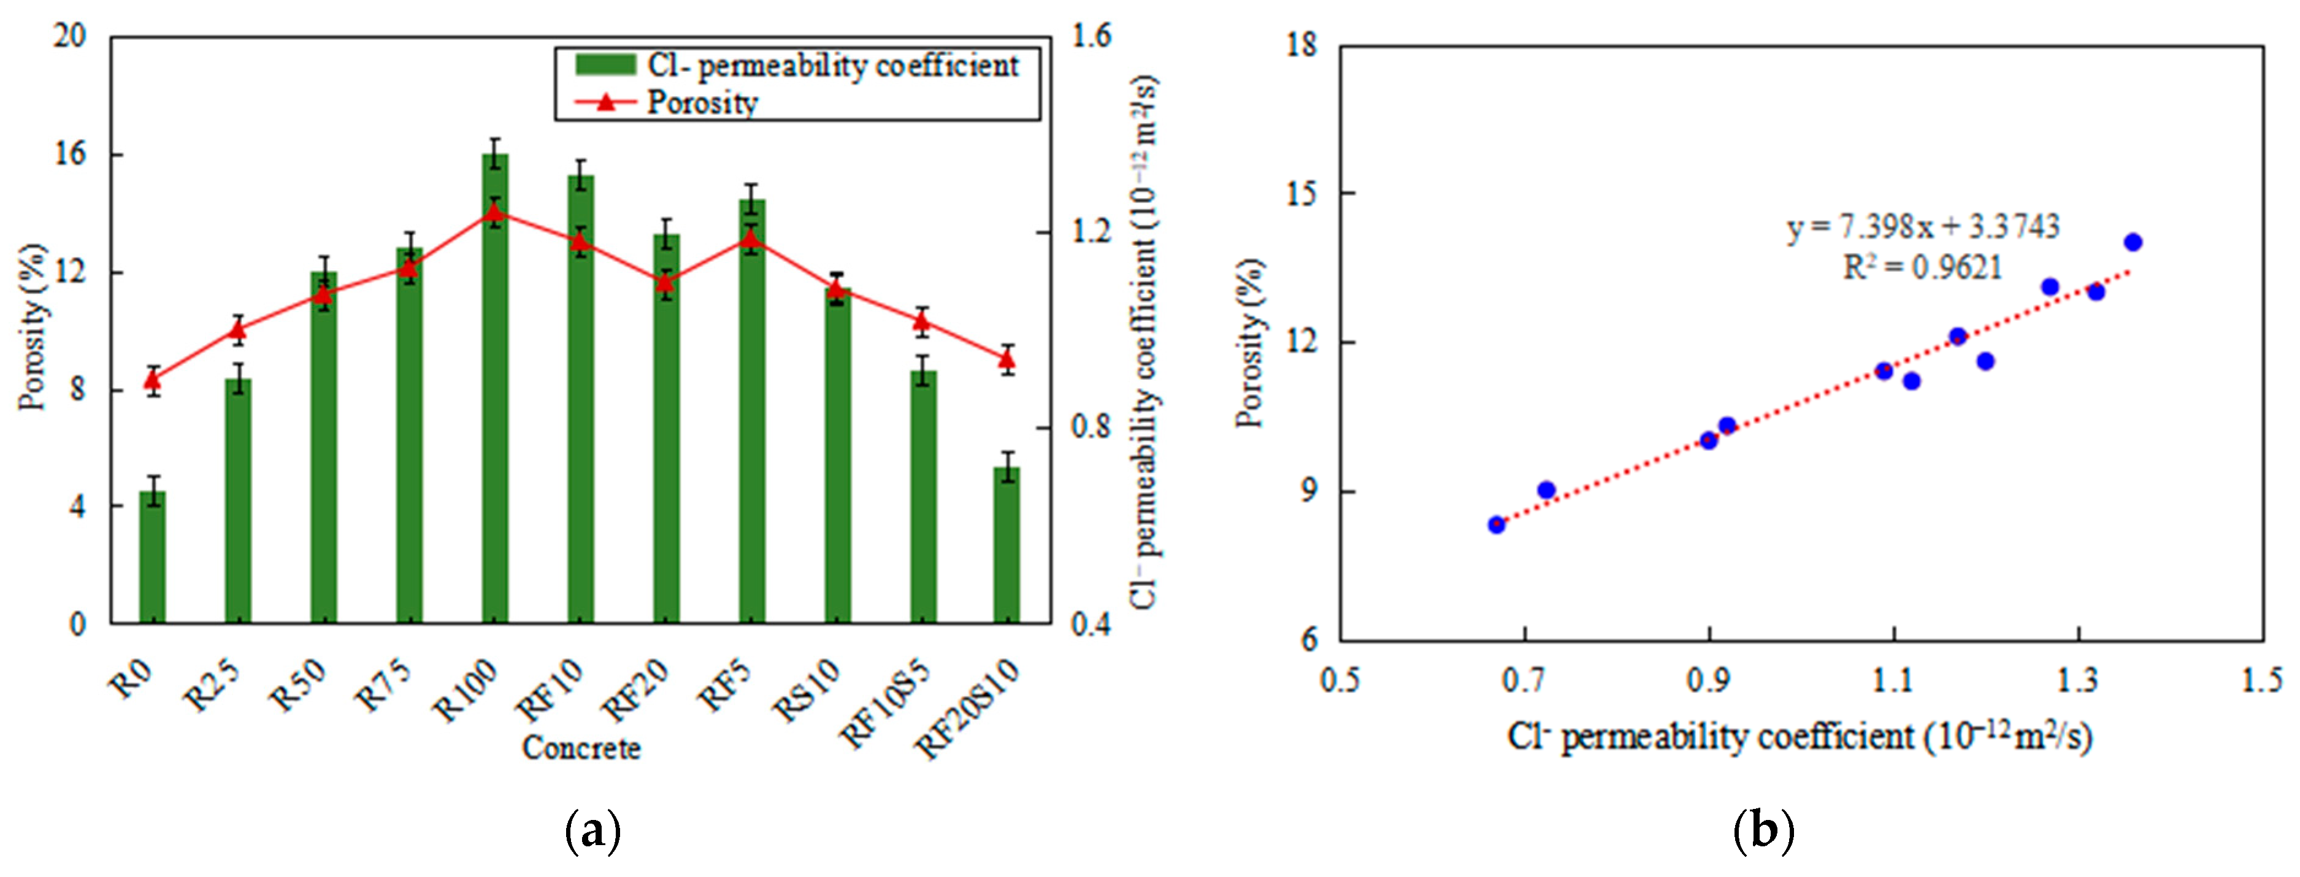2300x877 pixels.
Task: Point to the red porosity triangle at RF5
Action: (x=751, y=239)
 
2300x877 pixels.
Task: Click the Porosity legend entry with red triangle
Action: (x=701, y=102)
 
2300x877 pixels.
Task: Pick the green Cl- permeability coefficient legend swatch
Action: (x=605, y=64)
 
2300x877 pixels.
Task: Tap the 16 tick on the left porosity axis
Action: (x=71, y=155)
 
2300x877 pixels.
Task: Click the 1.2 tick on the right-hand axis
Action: (x=1091, y=231)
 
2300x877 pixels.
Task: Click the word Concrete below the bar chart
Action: (x=581, y=748)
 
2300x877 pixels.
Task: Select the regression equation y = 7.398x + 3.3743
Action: (x=1922, y=227)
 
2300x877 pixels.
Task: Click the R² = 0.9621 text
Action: (x=1922, y=267)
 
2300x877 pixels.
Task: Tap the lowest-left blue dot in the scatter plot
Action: (x=1497, y=524)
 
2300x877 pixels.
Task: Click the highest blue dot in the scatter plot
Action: (x=2133, y=242)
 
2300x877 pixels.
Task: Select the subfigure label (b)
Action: (x=1763, y=830)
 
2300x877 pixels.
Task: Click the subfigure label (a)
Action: (x=593, y=830)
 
